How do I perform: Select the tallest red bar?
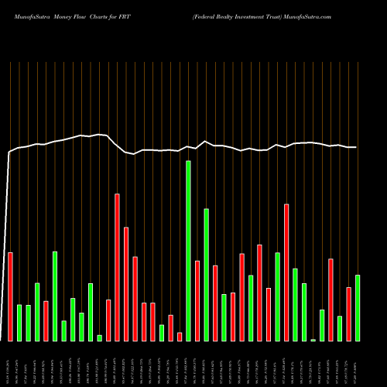pos(118,267)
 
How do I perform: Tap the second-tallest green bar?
pos(207,275)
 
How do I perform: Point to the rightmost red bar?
pos(349,313)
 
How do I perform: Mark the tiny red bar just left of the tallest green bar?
pos(180,337)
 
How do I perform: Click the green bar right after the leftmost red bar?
pos(19,323)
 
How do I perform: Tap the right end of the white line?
pos(356,147)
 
